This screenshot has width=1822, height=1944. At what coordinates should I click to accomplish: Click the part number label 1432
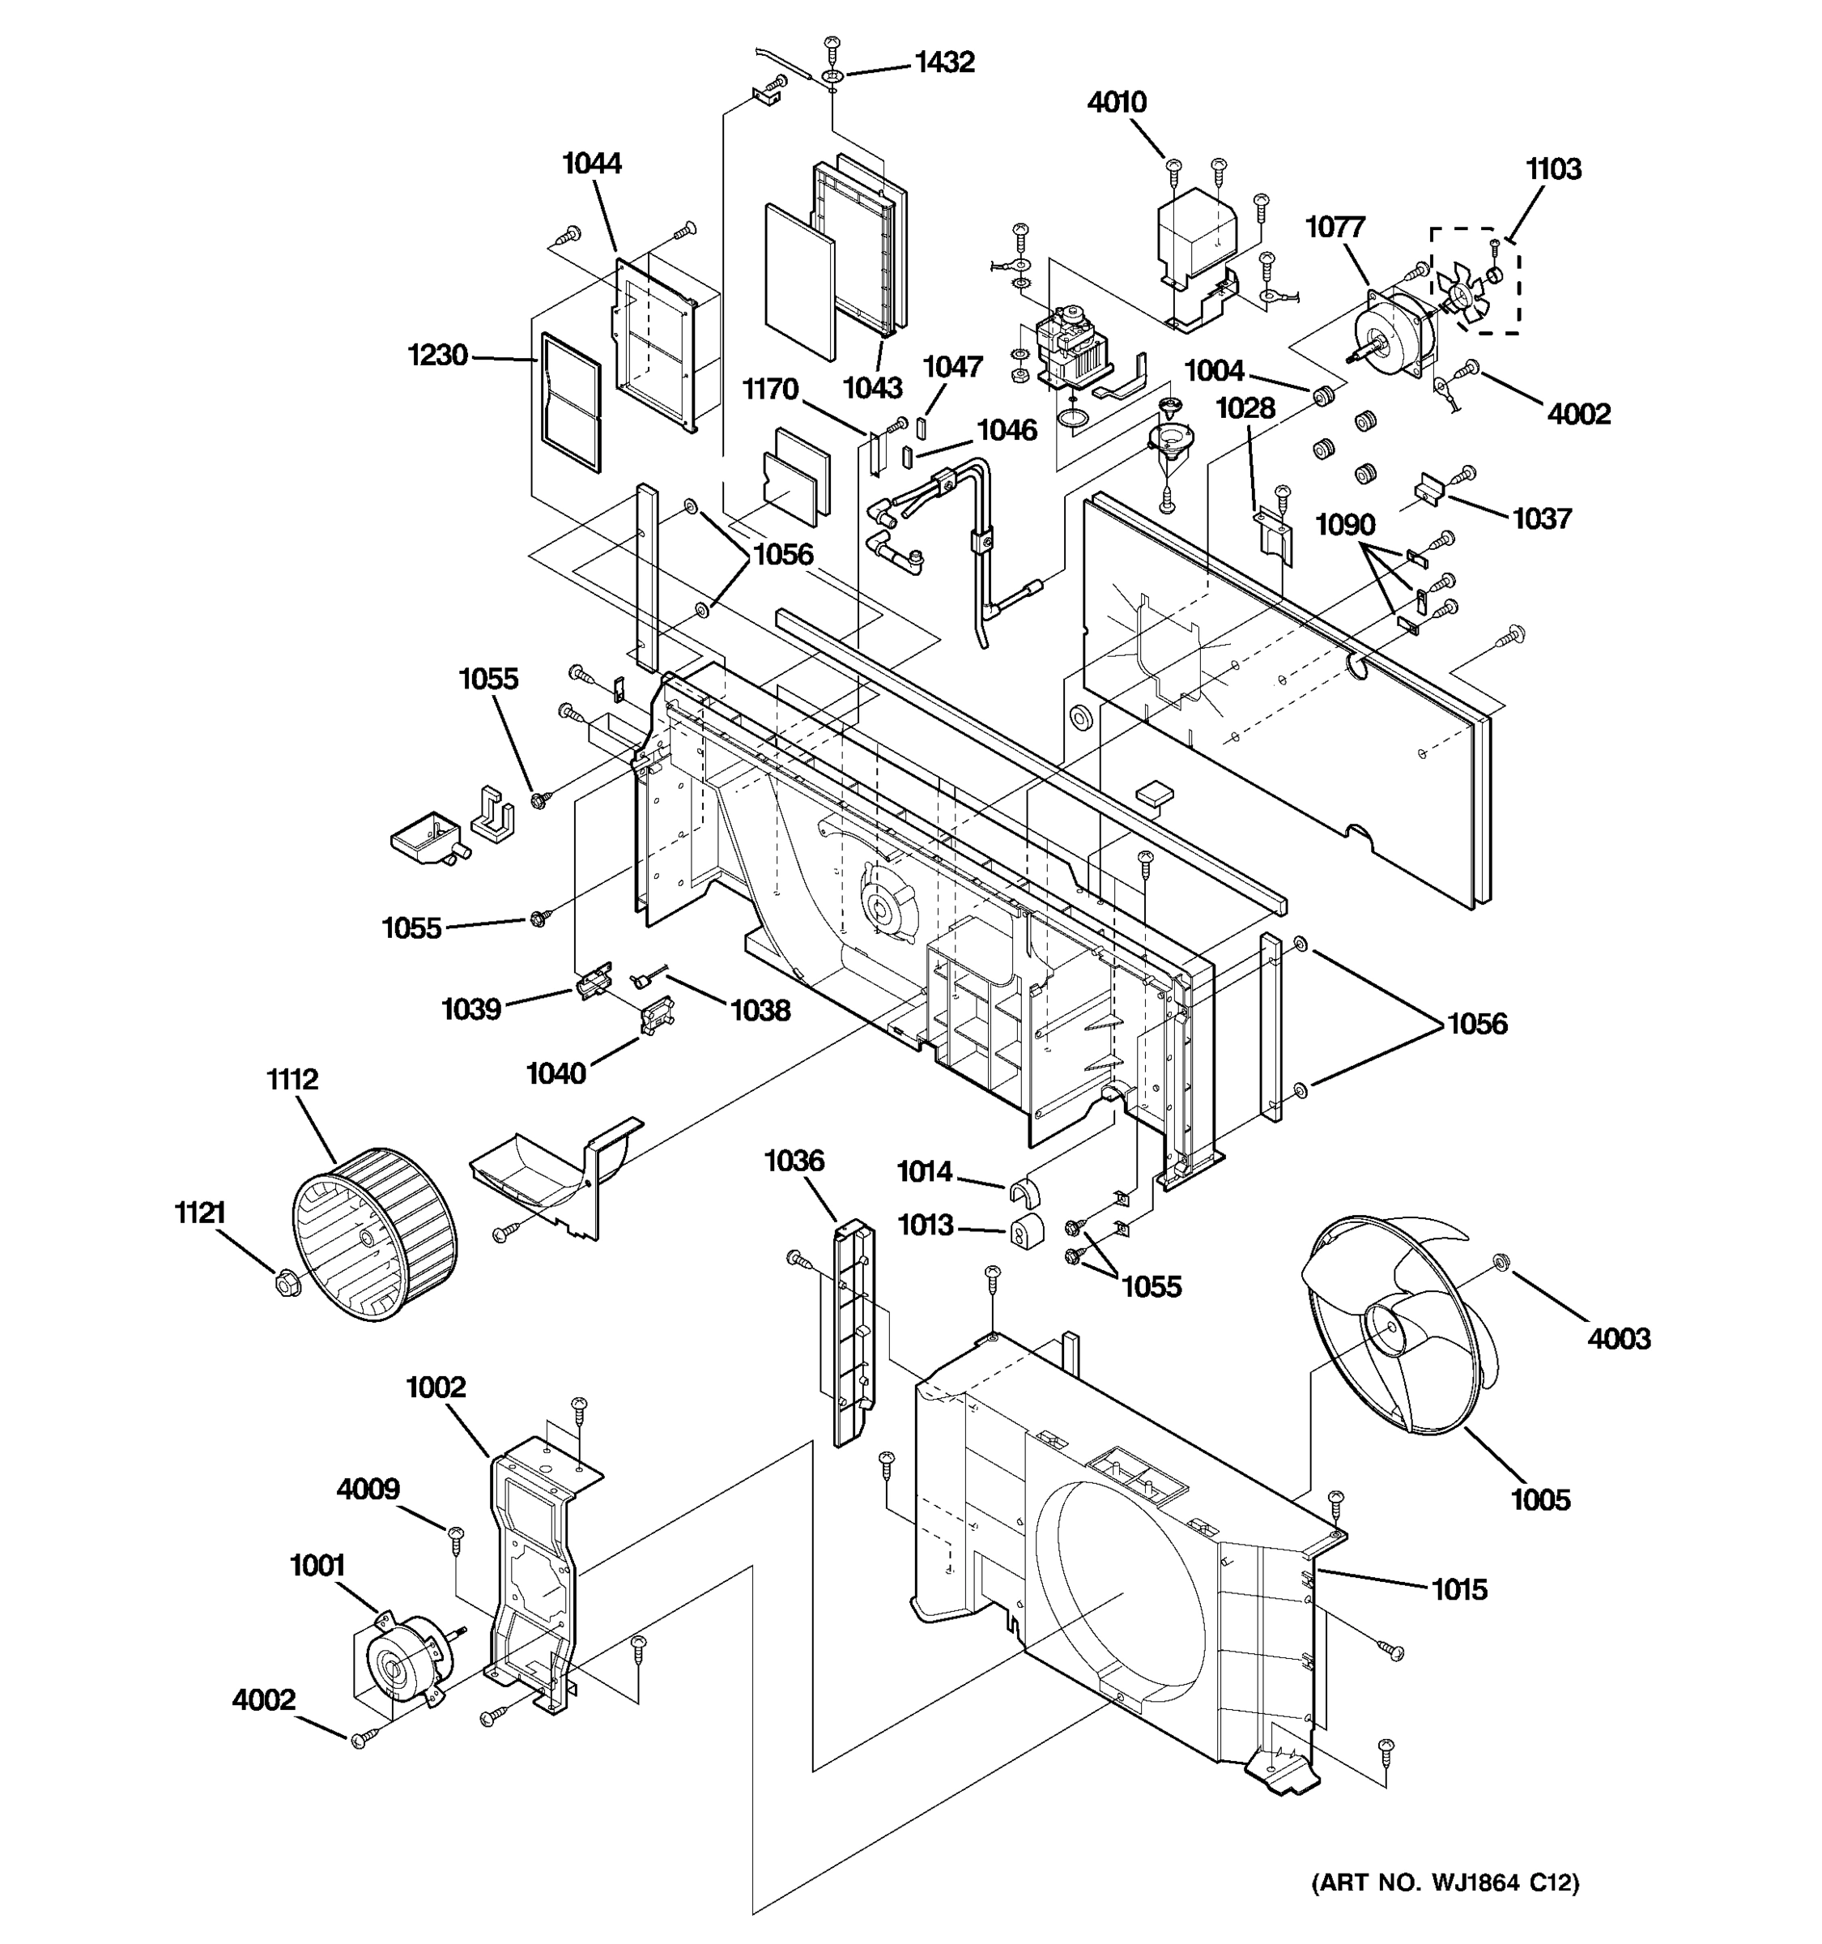[943, 62]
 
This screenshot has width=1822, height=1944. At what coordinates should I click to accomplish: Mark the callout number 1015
[1458, 1590]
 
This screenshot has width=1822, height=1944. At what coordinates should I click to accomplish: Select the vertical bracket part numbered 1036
[854, 1329]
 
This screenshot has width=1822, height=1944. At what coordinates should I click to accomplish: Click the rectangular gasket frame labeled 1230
[571, 402]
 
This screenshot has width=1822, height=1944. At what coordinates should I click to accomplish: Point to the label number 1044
[591, 164]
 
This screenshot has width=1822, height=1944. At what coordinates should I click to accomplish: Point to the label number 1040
[556, 1074]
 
